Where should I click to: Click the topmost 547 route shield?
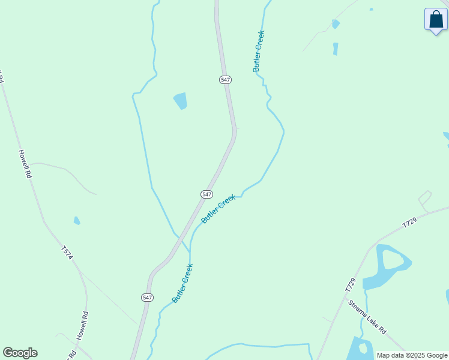pos(225,79)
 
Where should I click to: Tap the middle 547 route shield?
pos(206,194)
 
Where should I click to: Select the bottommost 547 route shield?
pos(148,298)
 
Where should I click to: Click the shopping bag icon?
pos(436,20)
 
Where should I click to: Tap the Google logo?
pos(20,353)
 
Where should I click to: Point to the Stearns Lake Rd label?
pos(367,317)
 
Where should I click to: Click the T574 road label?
pos(67,253)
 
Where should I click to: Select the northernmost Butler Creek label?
pos(259,52)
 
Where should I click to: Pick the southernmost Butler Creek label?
pos(182,283)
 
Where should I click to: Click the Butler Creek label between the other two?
pos(218,208)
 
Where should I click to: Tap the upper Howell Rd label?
pos(25,164)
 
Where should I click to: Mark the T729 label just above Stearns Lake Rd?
pos(351,285)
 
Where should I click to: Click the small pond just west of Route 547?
pos(180,100)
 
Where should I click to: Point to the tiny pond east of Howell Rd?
pos(77,221)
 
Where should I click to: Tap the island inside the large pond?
pos(393,260)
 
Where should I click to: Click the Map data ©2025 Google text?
pos(412,355)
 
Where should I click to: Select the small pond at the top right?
pos(336,24)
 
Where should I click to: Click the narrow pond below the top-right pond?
pos(336,49)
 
